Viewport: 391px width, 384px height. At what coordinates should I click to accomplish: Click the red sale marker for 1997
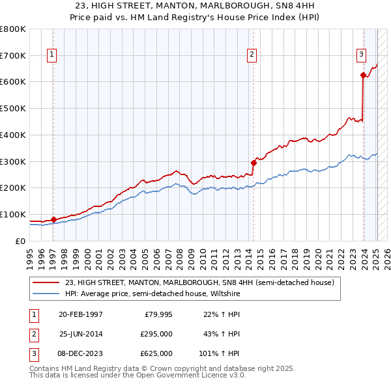53,219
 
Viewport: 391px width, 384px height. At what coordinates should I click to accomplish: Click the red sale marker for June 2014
253,163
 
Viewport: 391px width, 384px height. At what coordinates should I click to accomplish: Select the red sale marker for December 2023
363,75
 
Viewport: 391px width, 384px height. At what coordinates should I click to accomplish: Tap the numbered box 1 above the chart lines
51,55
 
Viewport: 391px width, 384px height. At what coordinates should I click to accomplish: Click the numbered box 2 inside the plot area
252,55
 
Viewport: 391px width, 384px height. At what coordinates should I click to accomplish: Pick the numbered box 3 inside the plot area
361,55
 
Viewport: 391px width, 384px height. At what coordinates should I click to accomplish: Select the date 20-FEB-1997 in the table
80,315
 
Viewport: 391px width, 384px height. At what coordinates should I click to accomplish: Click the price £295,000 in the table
157,334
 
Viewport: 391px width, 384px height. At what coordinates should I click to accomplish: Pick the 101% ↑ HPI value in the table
220,353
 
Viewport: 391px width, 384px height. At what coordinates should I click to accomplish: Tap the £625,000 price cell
157,353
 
